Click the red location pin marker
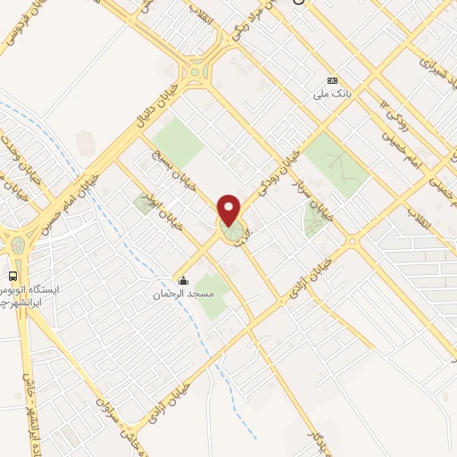(x=231, y=211)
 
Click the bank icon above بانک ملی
(x=332, y=79)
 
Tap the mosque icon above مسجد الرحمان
(x=183, y=280)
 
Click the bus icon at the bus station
(x=13, y=275)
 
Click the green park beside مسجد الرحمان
(x=212, y=298)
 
